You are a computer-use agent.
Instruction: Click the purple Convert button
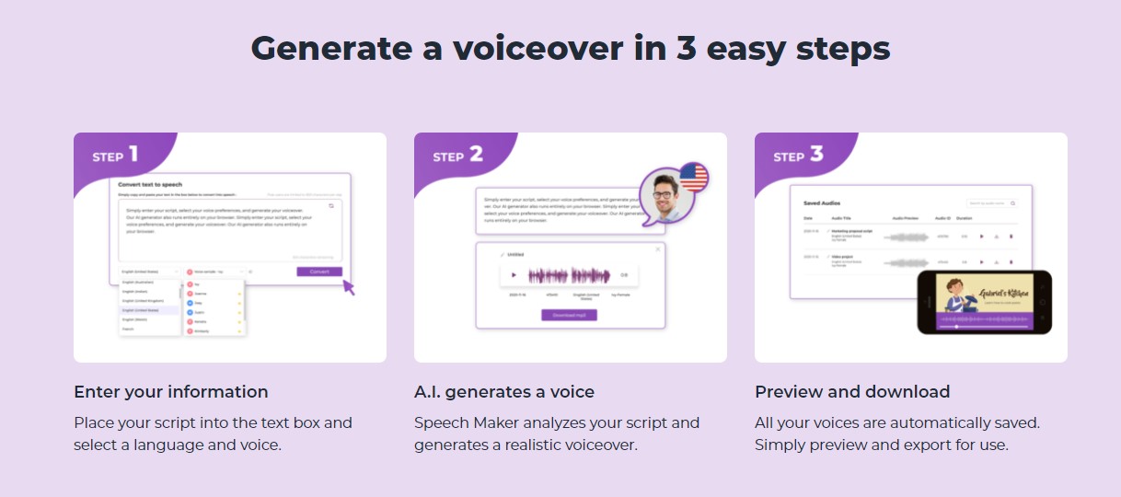319,272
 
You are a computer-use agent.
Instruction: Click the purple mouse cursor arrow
348,287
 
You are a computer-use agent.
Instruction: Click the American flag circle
693,176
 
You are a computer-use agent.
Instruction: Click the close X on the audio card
657,249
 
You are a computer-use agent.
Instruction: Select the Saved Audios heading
822,202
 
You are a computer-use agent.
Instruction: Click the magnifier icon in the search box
1013,202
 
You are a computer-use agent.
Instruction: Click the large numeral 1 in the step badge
133,154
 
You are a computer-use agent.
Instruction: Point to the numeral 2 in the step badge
476,154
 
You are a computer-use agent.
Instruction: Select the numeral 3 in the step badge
816,154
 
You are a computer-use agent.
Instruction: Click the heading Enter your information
171,392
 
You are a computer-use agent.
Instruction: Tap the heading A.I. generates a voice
504,392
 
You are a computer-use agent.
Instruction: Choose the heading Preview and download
852,392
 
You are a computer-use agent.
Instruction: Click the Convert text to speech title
150,184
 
